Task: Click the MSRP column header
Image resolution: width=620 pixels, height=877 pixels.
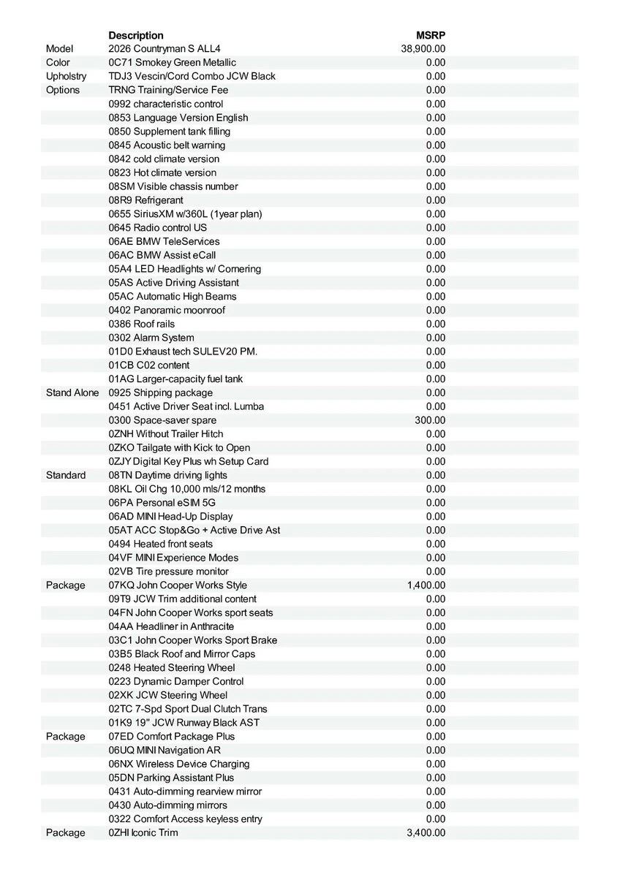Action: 431,35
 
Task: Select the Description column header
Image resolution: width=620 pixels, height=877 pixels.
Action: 136,35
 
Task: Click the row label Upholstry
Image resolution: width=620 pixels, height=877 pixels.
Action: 66,76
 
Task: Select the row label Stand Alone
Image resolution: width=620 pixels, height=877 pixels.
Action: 72,392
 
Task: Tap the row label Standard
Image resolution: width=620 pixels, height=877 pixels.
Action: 66,475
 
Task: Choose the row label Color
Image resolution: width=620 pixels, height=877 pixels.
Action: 58,63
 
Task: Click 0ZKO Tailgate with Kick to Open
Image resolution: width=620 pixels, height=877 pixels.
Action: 179,447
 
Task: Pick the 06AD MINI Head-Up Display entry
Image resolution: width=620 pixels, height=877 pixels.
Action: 170,516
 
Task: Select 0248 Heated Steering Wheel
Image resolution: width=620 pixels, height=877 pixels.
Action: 172,667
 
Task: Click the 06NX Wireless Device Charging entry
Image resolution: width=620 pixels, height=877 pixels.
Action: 179,764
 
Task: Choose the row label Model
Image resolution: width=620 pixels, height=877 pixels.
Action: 59,49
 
